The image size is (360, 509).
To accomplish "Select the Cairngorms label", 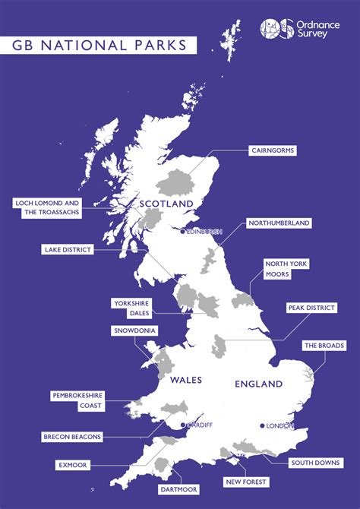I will coord(273,150).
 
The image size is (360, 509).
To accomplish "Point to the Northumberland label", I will coord(279,223).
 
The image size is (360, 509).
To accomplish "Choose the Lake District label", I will coord(69,249).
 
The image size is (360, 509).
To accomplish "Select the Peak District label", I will coord(311,308).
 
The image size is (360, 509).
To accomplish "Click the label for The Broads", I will coord(321,346).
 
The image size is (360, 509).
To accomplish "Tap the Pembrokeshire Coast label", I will coord(77,400).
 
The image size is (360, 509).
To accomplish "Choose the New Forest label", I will coord(245,482).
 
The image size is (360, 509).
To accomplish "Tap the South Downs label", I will coord(316,463).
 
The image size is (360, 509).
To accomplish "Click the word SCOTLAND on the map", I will coord(166,204).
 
